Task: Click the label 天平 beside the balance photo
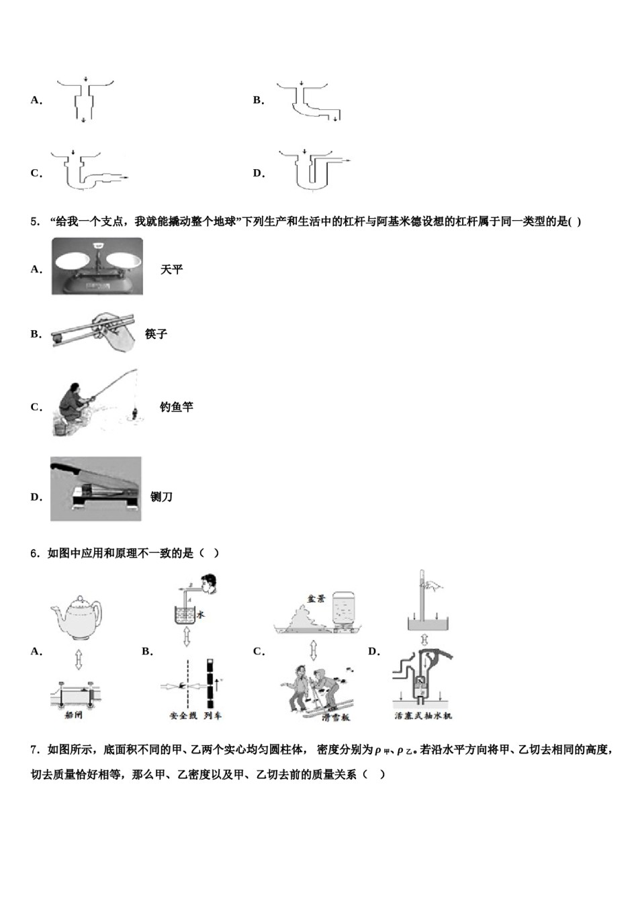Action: tap(171, 270)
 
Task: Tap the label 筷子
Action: tap(156, 334)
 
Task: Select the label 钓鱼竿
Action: tap(176, 407)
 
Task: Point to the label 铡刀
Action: tap(161, 497)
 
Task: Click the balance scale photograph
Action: tap(97, 266)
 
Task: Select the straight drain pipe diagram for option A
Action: tap(85, 101)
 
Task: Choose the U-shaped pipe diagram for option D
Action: tap(313, 171)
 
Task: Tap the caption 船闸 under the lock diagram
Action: tap(73, 715)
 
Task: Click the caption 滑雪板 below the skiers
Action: tap(335, 717)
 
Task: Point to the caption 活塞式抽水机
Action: tap(423, 716)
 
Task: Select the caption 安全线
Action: tap(183, 716)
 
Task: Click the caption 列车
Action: tap(212, 716)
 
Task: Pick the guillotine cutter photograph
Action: tap(96, 489)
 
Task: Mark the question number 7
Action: tap(35, 750)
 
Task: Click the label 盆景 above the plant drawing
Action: tap(316, 598)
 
